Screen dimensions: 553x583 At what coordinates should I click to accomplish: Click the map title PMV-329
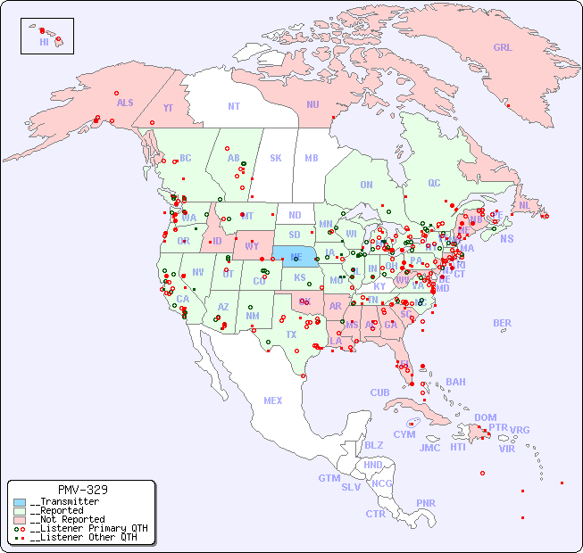coord(82,490)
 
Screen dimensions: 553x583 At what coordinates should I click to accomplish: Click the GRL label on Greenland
coord(503,48)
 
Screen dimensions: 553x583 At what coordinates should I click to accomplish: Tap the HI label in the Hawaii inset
coord(44,42)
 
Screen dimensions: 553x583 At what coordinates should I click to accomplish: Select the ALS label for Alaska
coord(125,103)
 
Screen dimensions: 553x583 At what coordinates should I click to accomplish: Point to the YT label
coord(168,107)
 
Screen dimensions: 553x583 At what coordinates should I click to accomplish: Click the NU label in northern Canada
coord(312,104)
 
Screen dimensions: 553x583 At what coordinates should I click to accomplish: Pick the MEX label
coord(273,400)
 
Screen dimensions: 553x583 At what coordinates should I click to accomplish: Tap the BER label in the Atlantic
coord(503,323)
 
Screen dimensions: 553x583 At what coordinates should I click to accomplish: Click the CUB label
coord(379,392)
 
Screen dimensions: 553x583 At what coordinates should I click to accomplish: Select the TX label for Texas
coord(291,334)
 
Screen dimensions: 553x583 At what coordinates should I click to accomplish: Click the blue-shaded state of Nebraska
coord(295,257)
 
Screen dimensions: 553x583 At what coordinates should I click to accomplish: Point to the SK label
coord(276,158)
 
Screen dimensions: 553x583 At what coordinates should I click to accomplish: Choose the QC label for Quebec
coord(434,183)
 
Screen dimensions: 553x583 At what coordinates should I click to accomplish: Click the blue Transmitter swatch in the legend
coord(20,502)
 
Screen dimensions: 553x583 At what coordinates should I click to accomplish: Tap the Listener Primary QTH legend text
coord(87,528)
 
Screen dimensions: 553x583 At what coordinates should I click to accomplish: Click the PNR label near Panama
coord(426,503)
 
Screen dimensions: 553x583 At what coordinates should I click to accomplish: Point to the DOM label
coord(485,417)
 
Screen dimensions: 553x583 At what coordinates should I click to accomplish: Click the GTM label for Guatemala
coord(329,478)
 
